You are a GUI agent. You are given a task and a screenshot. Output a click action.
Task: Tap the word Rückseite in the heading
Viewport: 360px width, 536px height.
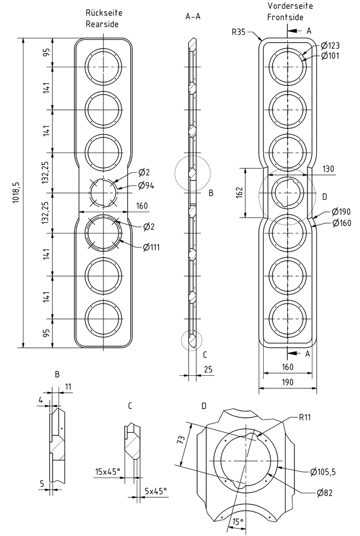(103, 13)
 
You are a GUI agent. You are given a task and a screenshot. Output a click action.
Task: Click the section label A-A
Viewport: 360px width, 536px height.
(193, 17)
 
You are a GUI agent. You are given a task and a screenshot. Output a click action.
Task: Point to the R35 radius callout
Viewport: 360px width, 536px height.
(239, 32)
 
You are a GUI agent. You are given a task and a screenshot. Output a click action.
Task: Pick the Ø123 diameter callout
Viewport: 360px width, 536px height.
(330, 45)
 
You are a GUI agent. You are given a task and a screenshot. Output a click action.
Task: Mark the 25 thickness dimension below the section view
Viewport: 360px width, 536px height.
(208, 370)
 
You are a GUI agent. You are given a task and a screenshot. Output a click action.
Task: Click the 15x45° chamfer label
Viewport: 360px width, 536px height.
(107, 470)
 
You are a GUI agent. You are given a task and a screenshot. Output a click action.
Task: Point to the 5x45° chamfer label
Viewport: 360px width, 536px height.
(155, 491)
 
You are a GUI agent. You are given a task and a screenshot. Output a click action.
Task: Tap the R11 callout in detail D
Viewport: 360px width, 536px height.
(305, 417)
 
